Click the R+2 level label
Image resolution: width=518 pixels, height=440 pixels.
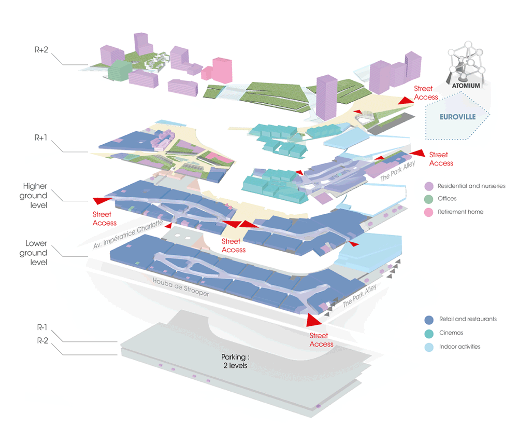(42, 51)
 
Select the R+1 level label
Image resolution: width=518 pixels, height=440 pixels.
(42, 138)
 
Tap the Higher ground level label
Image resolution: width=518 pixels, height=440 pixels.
(35, 195)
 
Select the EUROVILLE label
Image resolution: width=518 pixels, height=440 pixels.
(454, 117)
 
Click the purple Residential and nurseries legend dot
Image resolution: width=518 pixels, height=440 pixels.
(428, 186)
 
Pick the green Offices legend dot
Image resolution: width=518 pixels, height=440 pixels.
(428, 199)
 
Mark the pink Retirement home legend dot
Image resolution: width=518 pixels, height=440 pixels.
(428, 212)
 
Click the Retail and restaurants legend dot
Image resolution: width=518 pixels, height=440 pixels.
(428, 319)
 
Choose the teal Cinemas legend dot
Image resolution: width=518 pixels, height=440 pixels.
(428, 333)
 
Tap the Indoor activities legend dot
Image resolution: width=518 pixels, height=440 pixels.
(428, 346)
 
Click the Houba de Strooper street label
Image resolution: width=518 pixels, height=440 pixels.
(181, 286)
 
